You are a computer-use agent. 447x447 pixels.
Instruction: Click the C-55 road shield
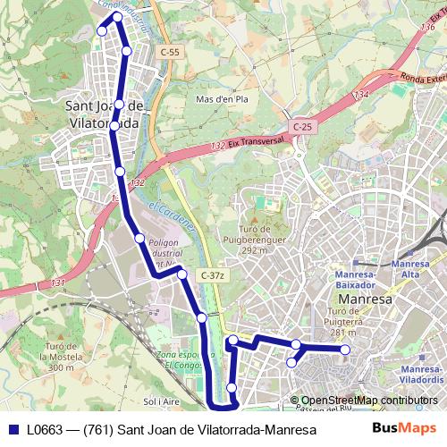170,53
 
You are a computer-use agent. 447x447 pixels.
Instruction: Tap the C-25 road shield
303,127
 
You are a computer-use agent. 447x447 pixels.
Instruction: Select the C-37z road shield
213,275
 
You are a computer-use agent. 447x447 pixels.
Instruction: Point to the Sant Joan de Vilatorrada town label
105,114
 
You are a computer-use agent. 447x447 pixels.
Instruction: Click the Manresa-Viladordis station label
422,375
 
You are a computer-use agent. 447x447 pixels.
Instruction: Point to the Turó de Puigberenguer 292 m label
261,240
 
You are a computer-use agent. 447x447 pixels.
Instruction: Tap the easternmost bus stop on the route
346,350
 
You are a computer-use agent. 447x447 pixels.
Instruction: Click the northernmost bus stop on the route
117,17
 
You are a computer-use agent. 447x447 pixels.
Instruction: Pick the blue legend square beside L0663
13,430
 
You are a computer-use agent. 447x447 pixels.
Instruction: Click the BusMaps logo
404,429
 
